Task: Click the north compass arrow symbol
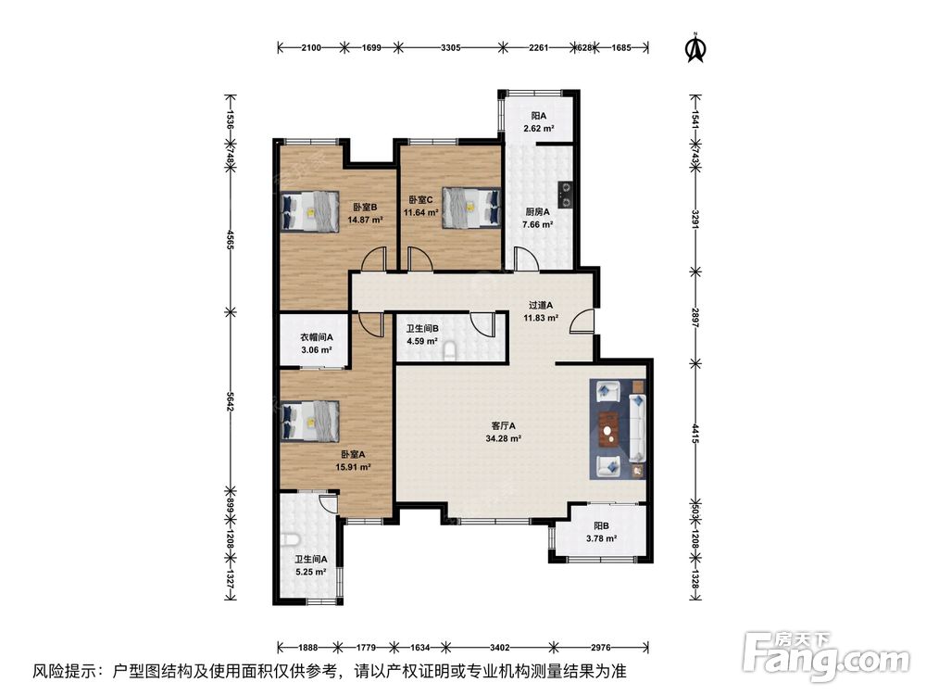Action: click(696, 46)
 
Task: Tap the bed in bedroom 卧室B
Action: click(309, 211)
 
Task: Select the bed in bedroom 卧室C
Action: click(470, 208)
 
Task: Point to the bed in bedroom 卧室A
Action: click(309, 421)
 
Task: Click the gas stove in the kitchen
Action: click(565, 195)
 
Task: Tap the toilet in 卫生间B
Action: click(450, 351)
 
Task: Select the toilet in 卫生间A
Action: click(289, 540)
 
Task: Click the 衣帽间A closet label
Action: click(317, 337)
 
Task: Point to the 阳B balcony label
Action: click(601, 525)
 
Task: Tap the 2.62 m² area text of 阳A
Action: click(539, 128)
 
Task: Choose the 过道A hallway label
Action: click(541, 306)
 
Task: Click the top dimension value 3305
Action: click(451, 48)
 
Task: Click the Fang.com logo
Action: click(827, 656)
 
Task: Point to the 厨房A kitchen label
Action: click(537, 211)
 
